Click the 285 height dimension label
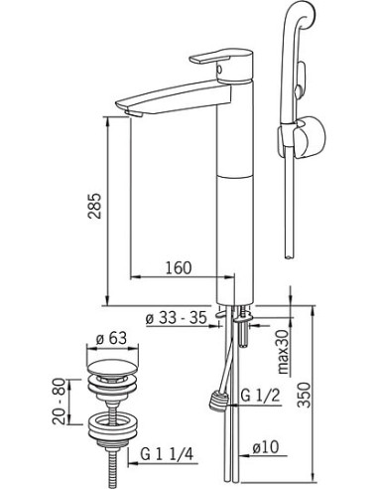tap(95, 205)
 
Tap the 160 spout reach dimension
tap(178, 267)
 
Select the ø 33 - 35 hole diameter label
tap(176, 318)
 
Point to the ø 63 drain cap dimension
tap(111, 338)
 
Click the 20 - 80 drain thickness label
tap(60, 402)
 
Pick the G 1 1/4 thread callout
tap(167, 453)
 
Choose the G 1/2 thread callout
tap(261, 396)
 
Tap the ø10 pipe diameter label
tap(265, 447)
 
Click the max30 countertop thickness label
tap(283, 352)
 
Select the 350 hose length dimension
tap(304, 395)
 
